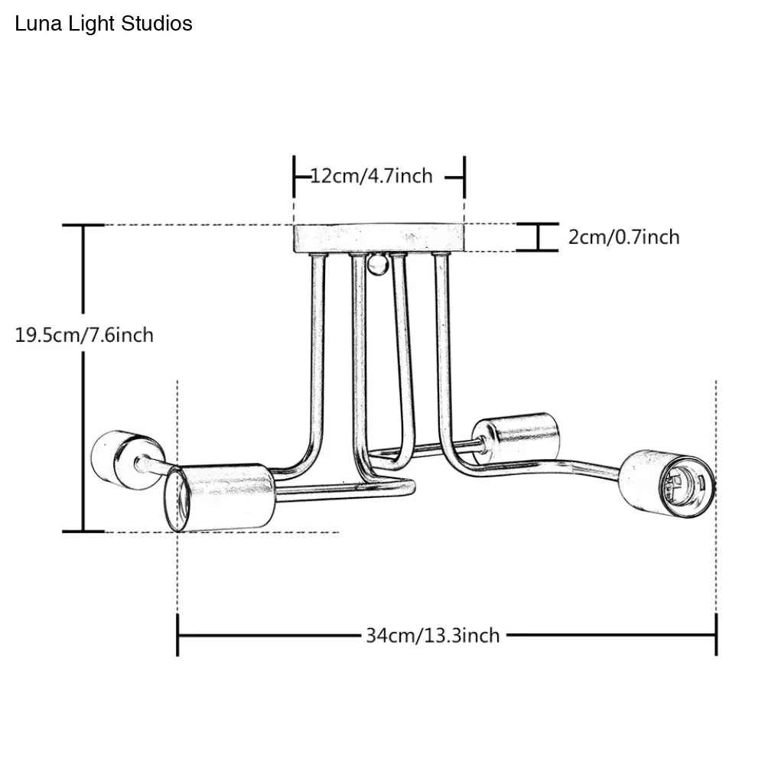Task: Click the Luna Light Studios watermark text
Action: tap(103, 24)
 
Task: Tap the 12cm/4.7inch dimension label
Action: tap(372, 176)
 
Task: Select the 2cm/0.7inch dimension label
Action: tap(623, 237)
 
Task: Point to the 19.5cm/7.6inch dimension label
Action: tap(84, 334)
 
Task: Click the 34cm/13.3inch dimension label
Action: tap(432, 635)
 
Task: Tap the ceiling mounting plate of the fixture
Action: tap(379, 238)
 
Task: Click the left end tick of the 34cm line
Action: tap(177, 635)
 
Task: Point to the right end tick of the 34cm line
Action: tap(716, 635)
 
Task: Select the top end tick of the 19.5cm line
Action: tap(83, 225)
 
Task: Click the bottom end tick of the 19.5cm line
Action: tap(83, 531)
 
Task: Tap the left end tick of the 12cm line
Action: tap(295, 176)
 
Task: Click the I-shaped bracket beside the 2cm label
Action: tap(537, 237)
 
